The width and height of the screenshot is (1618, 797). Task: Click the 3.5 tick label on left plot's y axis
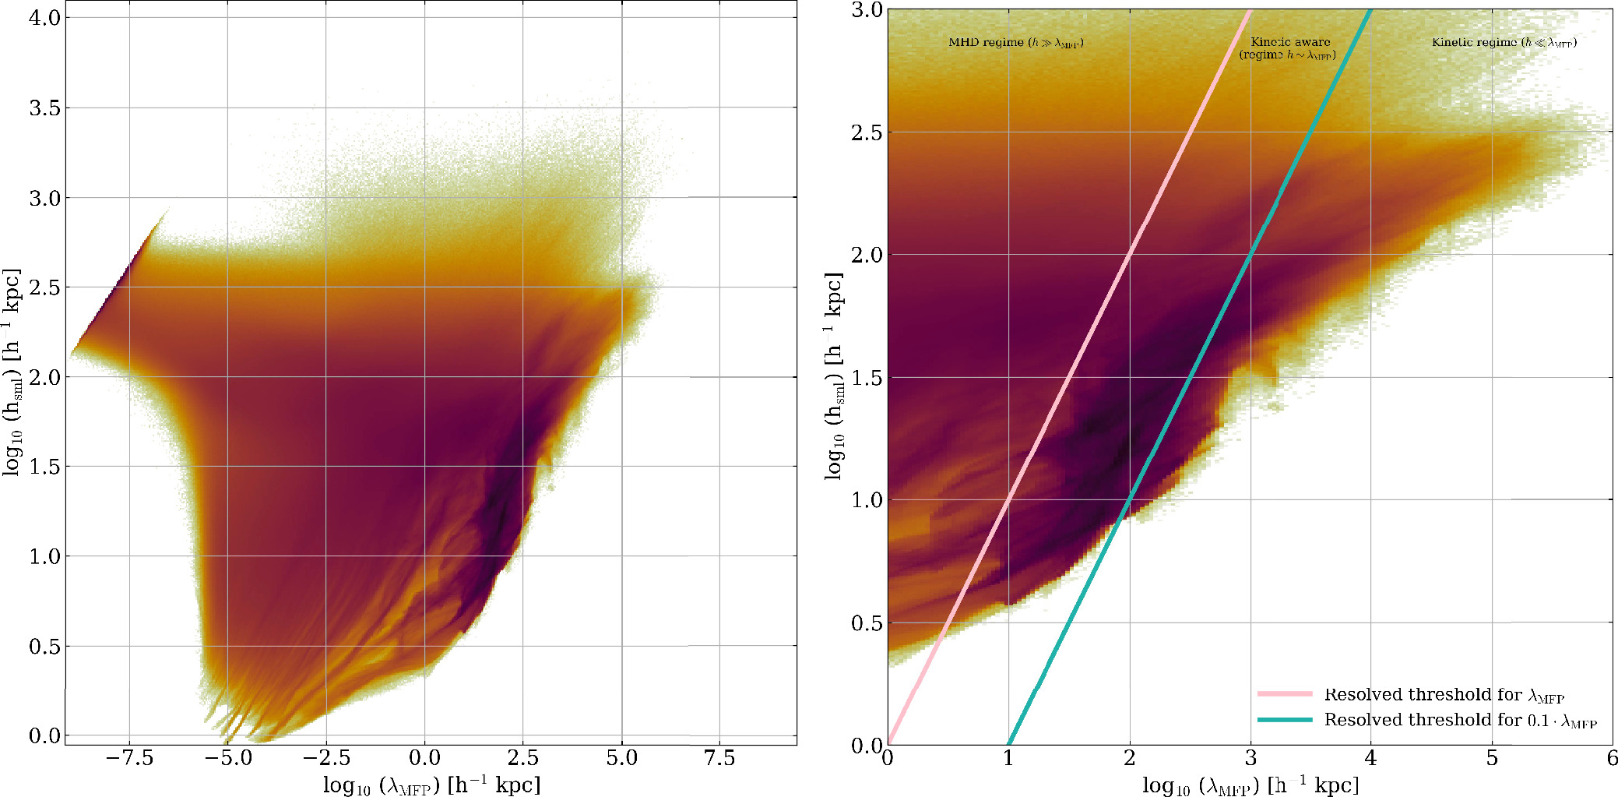tap(44, 108)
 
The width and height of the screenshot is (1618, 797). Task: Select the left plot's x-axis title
tap(431, 785)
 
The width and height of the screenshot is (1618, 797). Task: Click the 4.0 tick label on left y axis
tap(44, 18)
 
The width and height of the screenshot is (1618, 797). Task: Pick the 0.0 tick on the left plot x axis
tap(424, 758)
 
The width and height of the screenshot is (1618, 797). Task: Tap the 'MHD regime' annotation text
tap(1015, 43)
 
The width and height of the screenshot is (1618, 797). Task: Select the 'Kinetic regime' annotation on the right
tap(1504, 43)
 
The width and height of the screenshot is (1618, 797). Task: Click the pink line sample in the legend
tap(1284, 693)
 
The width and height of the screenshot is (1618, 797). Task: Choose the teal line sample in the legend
tap(1284, 720)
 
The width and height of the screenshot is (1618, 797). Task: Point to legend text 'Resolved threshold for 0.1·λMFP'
tap(1460, 721)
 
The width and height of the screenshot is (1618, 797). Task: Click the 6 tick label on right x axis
tap(1611, 758)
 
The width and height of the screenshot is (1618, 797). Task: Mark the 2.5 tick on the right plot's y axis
tap(866, 132)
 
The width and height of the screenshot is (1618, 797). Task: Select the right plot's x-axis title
tap(1250, 785)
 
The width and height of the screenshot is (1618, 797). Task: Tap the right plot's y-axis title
tap(834, 376)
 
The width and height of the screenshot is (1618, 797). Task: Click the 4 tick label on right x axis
tap(1371, 758)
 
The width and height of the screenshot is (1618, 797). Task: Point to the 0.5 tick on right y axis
tap(866, 623)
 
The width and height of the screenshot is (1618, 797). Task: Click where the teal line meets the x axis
tap(1009, 744)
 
